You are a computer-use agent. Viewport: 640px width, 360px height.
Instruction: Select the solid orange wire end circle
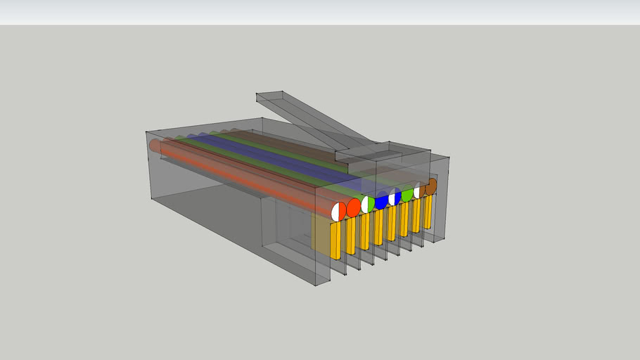pos(353,207)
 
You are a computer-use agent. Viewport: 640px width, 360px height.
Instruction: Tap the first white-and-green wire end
pos(368,204)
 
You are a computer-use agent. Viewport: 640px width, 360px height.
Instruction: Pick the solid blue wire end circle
pos(382,201)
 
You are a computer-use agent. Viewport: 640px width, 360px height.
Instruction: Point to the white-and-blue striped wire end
pos(395,198)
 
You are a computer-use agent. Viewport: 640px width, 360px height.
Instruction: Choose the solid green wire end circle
pos(407,194)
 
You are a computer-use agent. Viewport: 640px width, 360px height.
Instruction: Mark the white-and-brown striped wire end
pos(420,190)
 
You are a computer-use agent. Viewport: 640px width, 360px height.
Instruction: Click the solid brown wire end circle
pos(431,186)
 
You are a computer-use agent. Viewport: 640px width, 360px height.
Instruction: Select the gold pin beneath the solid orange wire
pos(350,236)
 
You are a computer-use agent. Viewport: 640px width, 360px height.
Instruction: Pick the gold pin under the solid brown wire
pos(428,212)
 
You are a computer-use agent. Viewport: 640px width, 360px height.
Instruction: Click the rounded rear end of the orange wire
pos(155,146)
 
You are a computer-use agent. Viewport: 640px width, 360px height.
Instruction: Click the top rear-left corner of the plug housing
pos(146,131)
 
